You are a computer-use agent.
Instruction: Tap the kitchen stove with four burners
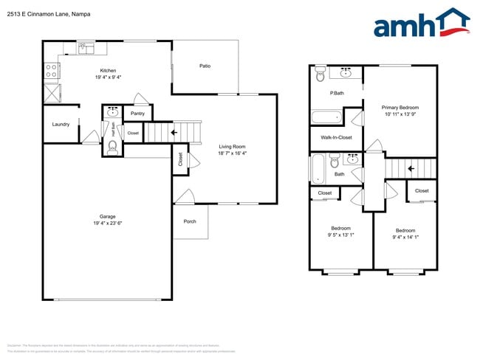pos(52,71)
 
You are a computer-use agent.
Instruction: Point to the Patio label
pos(205,66)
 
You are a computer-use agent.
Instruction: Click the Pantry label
pos(137,114)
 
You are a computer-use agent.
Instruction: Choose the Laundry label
pos(61,124)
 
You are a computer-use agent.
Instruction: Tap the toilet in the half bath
pos(112,148)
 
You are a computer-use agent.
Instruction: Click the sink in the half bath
pos(112,112)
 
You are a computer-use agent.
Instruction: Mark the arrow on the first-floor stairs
pos(174,133)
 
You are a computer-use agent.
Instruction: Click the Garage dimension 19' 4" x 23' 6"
pos(108,223)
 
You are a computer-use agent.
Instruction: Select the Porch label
pos(190,221)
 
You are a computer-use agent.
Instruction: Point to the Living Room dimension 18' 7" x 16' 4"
pos(232,153)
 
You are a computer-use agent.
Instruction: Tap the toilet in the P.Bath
pos(320,73)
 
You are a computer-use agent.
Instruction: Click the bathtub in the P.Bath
pos(326,117)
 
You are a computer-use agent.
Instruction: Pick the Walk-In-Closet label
pos(336,137)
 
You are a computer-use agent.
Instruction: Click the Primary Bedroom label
pos(400,107)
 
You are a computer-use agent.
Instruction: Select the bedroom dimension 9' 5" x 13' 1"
pos(340,235)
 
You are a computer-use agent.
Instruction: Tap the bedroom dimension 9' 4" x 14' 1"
pos(405,237)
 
